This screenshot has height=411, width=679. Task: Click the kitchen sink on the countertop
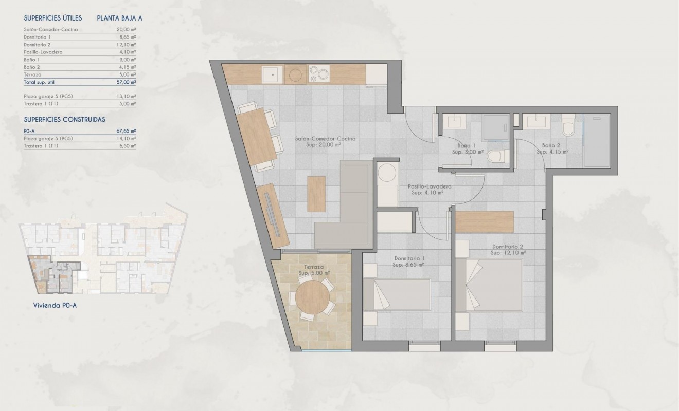(x=271, y=76)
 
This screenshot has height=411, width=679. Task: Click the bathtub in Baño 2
(x=599, y=140)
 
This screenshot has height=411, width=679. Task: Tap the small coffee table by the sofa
(x=316, y=193)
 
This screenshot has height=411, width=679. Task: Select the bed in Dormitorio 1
(x=396, y=295)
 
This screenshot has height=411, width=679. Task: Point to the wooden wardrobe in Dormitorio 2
(x=485, y=221)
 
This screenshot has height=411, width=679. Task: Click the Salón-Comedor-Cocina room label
(x=325, y=139)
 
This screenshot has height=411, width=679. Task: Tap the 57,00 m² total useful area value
(x=126, y=82)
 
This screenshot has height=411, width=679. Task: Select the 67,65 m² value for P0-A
(x=126, y=131)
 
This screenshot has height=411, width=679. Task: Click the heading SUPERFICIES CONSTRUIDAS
(x=64, y=119)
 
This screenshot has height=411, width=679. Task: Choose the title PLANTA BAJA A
(x=119, y=18)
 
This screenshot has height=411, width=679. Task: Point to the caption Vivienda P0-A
(x=51, y=305)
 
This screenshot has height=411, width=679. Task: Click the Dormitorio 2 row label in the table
(x=37, y=45)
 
